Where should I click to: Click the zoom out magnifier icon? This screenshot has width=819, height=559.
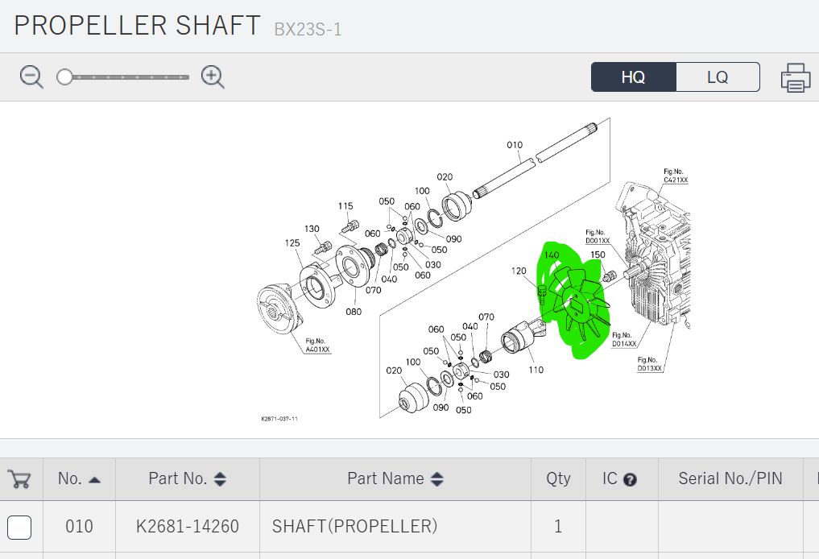(31, 77)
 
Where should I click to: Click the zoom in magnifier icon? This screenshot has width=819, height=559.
(213, 77)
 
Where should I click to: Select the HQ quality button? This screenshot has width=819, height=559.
(633, 77)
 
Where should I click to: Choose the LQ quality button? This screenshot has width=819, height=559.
(718, 77)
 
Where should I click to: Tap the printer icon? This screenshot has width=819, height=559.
(795, 77)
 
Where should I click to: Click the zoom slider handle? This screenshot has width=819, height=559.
(64, 77)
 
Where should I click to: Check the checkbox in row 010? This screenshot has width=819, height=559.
(19, 527)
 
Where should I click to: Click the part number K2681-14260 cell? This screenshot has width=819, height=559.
(188, 527)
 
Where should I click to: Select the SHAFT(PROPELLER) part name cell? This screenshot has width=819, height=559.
(354, 527)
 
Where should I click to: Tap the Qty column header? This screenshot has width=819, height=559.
(558, 478)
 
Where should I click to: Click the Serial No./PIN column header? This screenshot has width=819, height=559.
(730, 478)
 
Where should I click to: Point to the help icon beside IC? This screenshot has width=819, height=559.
(631, 479)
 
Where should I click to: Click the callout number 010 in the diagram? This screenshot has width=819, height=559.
(515, 146)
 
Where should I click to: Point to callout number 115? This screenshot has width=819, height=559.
(346, 206)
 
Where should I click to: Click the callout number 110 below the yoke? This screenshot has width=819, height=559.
(536, 370)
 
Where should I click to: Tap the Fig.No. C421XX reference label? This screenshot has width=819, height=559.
(676, 176)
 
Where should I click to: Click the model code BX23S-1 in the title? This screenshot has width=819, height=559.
(308, 30)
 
